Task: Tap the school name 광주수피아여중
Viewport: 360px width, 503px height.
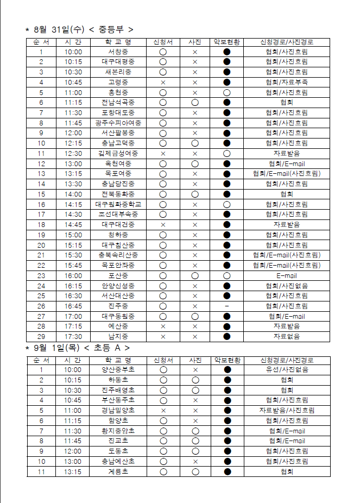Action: tap(118, 123)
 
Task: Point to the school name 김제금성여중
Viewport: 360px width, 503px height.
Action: tap(118, 153)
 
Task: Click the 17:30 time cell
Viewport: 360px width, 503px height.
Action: tap(73, 336)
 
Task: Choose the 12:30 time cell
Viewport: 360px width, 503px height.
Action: tap(73, 153)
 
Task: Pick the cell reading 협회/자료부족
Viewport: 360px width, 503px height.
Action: tap(287, 82)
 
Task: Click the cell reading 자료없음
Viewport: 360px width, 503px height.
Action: tap(287, 336)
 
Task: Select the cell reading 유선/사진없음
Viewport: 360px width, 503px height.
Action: tap(287, 370)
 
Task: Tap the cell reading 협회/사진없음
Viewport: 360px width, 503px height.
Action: tap(287, 286)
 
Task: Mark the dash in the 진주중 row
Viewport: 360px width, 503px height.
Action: tap(226, 306)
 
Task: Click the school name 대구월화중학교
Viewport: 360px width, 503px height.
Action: tap(118, 204)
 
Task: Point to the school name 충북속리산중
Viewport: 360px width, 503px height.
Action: tap(118, 255)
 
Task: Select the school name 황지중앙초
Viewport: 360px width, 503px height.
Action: tap(118, 431)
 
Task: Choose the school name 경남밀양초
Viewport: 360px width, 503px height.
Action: tap(118, 411)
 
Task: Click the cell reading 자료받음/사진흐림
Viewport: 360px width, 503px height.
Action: tap(287, 411)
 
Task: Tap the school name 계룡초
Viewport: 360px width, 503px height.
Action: tap(118, 471)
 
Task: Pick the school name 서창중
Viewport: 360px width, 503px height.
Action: tap(118, 52)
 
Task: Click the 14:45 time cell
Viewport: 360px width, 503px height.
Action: tap(73, 224)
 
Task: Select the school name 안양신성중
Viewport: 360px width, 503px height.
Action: tap(118, 286)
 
